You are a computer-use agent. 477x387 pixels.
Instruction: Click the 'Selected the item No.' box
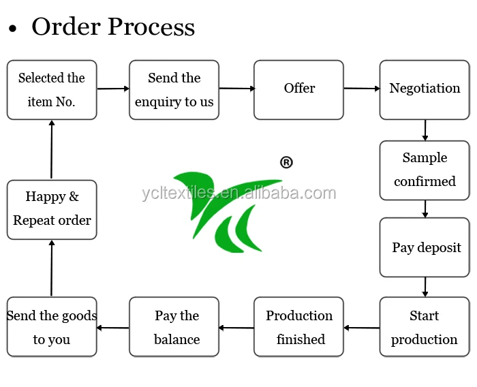(52, 90)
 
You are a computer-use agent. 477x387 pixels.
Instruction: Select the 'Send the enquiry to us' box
(174, 90)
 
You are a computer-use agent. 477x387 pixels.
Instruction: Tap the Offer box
(298, 90)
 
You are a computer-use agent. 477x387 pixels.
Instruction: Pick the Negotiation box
(425, 90)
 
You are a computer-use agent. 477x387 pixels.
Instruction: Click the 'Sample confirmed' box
(425, 170)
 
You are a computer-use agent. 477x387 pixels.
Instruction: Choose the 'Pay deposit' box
(425, 247)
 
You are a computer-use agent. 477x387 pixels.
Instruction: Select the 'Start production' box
(425, 327)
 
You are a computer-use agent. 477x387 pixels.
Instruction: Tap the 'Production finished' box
(298, 327)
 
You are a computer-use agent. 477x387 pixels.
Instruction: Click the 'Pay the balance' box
(174, 327)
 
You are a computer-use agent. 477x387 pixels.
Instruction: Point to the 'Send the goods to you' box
(52, 327)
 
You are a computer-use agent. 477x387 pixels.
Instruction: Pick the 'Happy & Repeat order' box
(52, 210)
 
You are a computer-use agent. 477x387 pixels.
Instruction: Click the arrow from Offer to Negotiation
(362, 89)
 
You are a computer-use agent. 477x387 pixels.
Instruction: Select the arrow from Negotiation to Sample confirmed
(425, 130)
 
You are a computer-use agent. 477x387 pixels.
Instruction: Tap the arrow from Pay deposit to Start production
(425, 288)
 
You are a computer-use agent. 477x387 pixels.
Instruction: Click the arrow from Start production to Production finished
(362, 328)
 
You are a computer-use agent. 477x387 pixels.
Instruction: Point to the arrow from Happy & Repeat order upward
(52, 149)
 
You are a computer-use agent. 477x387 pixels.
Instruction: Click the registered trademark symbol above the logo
(286, 162)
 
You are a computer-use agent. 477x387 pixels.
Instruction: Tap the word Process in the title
(151, 27)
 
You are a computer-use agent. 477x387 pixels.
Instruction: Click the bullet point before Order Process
(12, 29)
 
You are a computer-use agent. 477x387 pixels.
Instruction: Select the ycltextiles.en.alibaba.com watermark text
(239, 193)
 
